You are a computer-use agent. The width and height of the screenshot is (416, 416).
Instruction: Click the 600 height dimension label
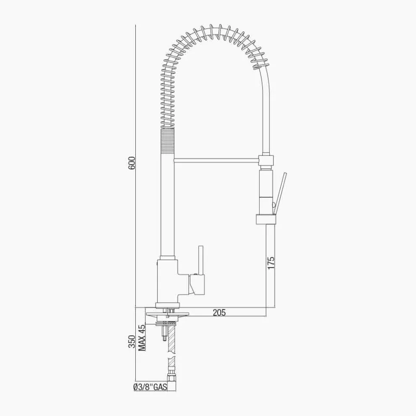[132, 163]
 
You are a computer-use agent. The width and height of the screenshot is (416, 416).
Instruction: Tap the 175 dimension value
[271, 263]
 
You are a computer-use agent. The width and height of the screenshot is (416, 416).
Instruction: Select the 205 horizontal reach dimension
[219, 313]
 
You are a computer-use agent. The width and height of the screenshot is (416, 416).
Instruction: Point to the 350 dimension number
[132, 342]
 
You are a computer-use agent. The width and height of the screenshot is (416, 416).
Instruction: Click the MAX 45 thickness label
[142, 338]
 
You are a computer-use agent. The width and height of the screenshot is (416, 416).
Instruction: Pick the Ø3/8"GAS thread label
[150, 387]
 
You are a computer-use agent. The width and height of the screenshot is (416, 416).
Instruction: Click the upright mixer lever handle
[201, 260]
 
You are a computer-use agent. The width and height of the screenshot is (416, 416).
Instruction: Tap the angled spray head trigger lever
[280, 193]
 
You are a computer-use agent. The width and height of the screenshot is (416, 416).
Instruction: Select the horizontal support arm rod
[216, 160]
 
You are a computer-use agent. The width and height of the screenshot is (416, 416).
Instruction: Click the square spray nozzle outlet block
[266, 219]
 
